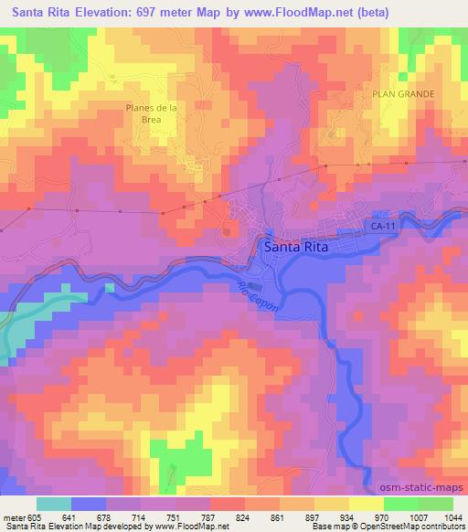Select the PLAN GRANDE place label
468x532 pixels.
(403, 94)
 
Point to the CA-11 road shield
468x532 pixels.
(382, 224)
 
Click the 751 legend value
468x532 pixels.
(177, 516)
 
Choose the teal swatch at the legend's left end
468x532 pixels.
(54, 504)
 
